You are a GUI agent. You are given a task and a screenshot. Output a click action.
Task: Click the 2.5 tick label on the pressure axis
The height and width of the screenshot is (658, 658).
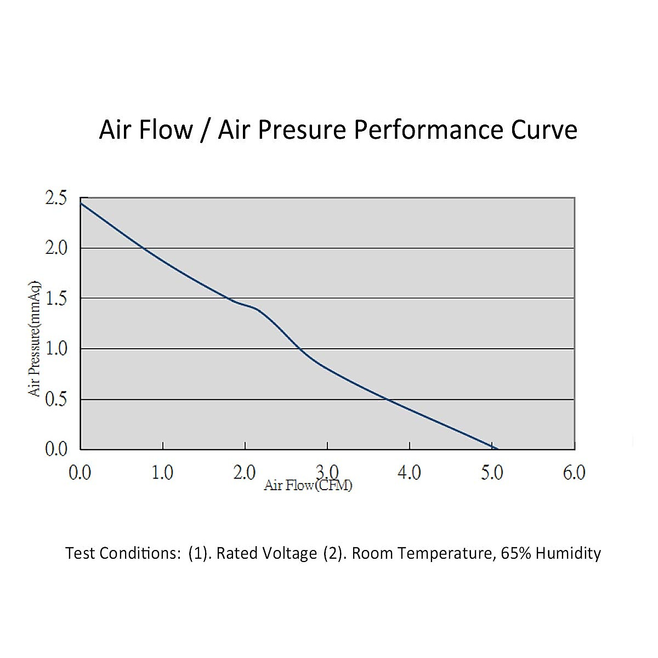[55, 198]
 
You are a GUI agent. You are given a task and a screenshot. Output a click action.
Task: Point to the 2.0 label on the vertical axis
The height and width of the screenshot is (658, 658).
[55, 248]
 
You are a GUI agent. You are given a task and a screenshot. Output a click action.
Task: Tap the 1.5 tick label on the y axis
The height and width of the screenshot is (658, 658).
[55, 299]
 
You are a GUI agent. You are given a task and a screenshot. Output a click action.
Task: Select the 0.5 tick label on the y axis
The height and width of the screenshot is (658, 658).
[55, 399]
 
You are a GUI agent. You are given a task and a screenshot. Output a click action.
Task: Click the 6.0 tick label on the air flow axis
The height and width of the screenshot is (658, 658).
[574, 473]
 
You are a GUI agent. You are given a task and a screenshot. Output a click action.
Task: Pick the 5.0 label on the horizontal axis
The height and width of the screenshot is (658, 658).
[492, 473]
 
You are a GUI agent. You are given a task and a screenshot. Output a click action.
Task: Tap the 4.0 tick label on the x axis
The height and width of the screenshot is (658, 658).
[410, 473]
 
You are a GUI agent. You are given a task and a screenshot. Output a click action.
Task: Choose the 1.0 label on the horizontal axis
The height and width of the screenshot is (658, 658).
[162, 473]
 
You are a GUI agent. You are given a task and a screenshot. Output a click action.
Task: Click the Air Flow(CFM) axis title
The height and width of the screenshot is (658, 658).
[308, 485]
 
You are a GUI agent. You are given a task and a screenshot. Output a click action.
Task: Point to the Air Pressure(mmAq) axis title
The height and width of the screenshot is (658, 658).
[35, 338]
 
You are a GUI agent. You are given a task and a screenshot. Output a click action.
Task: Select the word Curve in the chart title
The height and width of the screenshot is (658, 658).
[544, 131]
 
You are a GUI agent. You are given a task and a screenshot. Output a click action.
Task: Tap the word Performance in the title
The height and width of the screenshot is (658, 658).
[428, 131]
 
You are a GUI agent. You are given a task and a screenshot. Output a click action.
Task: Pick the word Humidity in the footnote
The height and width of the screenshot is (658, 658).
[568, 553]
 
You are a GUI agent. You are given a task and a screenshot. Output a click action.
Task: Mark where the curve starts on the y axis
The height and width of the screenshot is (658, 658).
[81, 203]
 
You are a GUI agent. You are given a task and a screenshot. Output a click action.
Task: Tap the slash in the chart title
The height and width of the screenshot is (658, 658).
[206, 131]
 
